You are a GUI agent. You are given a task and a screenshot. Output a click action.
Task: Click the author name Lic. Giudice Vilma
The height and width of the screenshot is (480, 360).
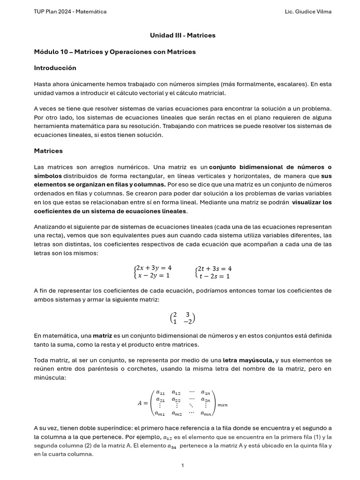pos(308,11)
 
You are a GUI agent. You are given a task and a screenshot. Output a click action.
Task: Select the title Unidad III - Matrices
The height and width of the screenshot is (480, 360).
pos(182,35)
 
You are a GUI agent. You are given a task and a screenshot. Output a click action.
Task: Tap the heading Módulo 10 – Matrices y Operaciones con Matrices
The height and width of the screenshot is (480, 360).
pos(115,52)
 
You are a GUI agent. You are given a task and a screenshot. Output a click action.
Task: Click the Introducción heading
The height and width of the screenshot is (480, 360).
pos(55,68)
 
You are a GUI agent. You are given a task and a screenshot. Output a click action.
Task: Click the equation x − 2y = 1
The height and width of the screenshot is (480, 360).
pos(153,276)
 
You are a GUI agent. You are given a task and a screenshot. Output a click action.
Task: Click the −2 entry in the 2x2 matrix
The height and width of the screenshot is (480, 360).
pos(188,322)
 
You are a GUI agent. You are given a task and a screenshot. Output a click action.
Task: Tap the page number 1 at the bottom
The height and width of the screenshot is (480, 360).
pos(182,465)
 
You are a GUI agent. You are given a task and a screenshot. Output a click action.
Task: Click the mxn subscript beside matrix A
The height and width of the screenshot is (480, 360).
pos(222,404)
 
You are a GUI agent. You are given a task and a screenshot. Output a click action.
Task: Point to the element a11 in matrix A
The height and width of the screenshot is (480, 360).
pos(160,392)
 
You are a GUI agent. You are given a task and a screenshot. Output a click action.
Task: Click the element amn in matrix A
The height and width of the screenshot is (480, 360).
pos(206,413)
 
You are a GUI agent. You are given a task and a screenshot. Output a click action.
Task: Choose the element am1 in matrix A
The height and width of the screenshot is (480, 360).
pos(160,413)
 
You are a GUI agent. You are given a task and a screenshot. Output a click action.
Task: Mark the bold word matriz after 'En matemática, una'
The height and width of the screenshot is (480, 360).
pos(102,336)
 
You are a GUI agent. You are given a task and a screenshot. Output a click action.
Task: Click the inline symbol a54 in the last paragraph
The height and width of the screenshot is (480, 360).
pos(172,446)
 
